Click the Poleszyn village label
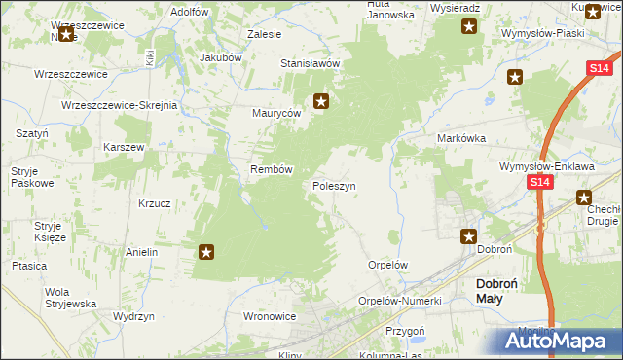point(334,185)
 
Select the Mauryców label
point(276,113)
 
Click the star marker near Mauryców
point(321,100)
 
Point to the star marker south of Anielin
point(206,253)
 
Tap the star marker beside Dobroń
point(468,235)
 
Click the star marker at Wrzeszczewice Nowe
point(66,35)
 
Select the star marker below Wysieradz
point(469,26)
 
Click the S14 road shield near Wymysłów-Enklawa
point(541,182)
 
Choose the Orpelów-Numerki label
point(400,301)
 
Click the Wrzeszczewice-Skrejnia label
point(118,104)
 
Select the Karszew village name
point(124,147)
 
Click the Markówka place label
point(460,139)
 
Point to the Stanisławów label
point(310,63)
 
